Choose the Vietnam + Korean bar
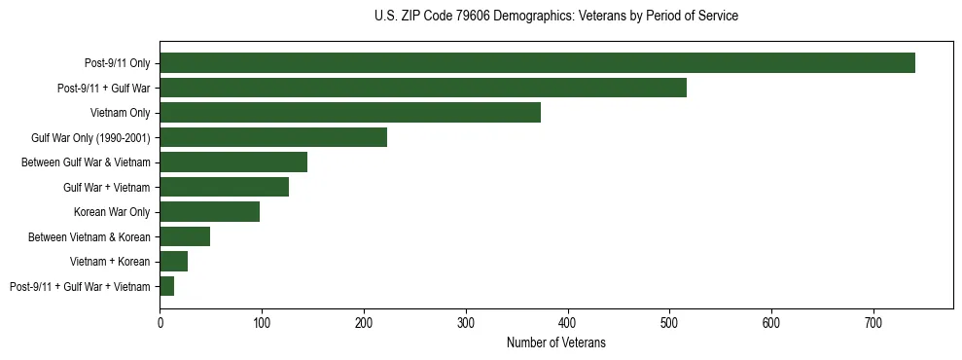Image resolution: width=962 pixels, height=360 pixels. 173,262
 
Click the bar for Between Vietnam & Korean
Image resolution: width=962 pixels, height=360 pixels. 185,236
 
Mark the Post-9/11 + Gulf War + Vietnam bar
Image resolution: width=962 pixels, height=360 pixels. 166,286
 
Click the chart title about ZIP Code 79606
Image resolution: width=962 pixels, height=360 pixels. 555,17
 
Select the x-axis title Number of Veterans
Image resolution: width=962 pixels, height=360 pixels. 555,342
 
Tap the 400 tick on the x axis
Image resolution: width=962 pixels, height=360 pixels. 568,322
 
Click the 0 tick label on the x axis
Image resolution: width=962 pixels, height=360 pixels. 160,322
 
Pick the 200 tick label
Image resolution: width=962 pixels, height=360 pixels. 364,322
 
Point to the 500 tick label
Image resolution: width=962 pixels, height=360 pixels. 669,322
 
